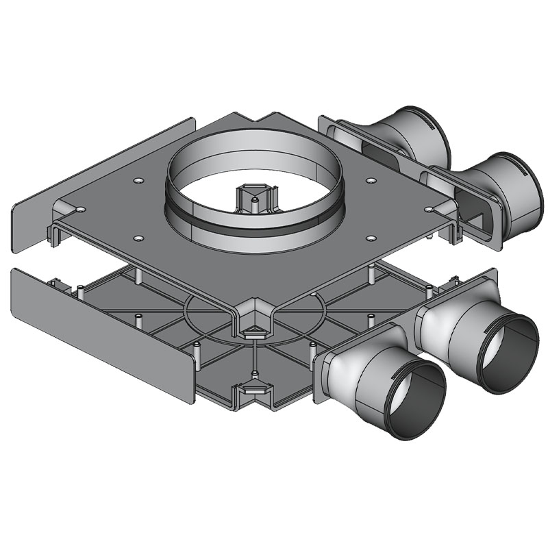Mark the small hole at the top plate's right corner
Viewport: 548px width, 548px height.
[429, 208]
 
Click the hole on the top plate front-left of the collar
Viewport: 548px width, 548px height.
[139, 238]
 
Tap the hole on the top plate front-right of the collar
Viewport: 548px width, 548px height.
[371, 238]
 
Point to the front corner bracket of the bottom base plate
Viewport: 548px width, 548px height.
[253, 394]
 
